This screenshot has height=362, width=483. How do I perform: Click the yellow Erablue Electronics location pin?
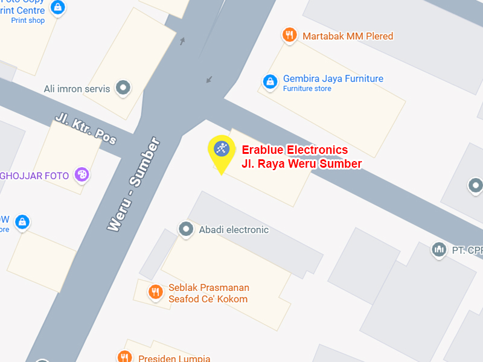click(222, 150)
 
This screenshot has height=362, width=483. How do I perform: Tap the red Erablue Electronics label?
click(295, 150)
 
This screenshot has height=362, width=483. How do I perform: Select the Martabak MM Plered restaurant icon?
click(289, 35)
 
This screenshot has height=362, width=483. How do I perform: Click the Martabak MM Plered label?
click(348, 36)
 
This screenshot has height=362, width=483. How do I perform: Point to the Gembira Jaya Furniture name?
click(333, 79)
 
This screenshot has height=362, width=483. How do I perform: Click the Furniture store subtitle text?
click(307, 89)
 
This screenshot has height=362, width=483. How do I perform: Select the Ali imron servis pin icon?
click(123, 88)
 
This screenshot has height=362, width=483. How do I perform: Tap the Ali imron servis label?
click(77, 89)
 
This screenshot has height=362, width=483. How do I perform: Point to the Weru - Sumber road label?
click(134, 185)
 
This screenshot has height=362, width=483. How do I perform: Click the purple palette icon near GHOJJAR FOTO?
click(81, 175)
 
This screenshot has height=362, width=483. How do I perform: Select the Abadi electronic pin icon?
click(185, 229)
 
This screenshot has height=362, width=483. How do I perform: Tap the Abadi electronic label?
click(234, 230)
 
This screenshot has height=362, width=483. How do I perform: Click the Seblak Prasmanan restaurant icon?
click(155, 293)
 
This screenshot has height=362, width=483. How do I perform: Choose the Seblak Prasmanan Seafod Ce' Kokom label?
click(208, 293)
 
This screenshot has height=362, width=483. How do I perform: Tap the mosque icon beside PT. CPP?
click(439, 249)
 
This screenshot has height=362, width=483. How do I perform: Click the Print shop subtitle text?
click(28, 21)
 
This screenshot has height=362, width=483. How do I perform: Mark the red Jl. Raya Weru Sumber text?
click(301, 164)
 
